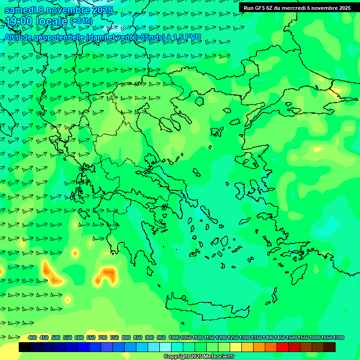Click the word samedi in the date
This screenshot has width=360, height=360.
pos(21,9)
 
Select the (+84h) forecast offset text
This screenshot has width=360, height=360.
pos(81,21)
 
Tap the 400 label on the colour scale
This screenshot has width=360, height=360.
pos(32,337)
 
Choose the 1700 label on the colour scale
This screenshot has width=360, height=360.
pos(338,337)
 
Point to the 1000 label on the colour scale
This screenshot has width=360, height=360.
pos(174,337)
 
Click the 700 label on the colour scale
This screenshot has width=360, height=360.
pos(103,337)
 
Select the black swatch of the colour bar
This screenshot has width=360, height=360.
pos(25,347)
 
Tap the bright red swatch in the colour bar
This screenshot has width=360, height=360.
pos(283,347)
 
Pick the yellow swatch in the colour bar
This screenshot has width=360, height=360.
pos(236,347)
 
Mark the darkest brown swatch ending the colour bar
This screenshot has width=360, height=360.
pos(330,347)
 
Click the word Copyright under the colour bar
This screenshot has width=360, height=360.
pos(177,357)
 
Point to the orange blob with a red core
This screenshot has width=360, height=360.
pos(107,274)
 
